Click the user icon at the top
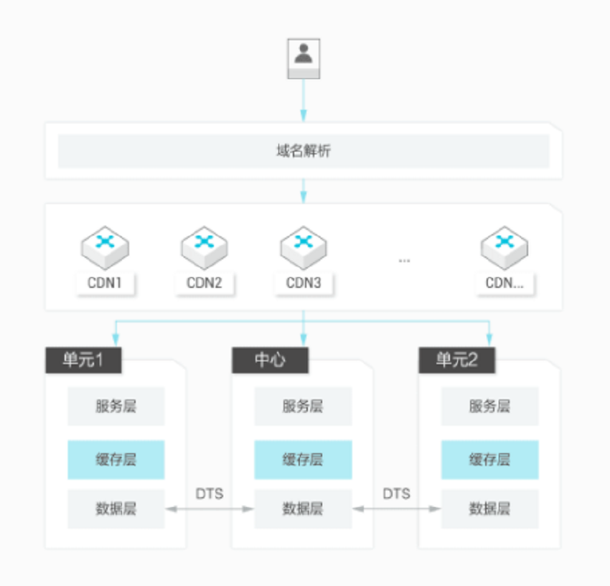304,58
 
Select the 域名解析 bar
304,151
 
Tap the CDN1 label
105,283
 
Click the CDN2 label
205,283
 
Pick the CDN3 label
304,283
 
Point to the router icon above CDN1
105,248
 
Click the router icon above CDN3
304,248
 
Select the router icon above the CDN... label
505,248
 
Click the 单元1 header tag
83,360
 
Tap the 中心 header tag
270,360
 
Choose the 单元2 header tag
456,360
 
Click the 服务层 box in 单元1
116,406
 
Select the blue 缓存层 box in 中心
303,460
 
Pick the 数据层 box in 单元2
489,508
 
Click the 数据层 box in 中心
303,508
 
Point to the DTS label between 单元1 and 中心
210,494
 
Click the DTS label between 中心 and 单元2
396,494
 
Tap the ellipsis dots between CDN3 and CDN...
404,261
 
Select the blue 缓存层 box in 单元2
489,460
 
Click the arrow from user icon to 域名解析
304,101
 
